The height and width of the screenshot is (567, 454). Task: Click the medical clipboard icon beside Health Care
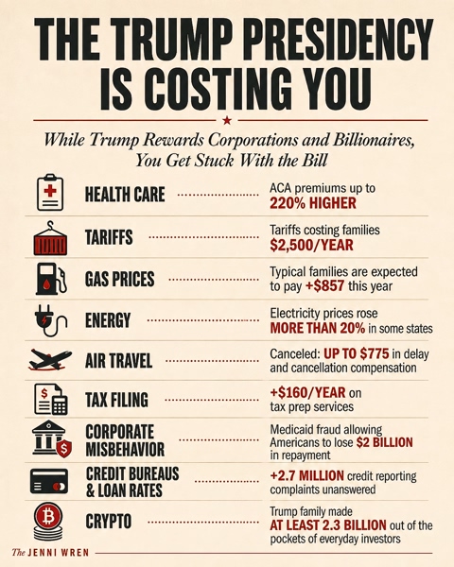(x=50, y=193)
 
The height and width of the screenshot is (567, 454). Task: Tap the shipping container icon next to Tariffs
(x=50, y=238)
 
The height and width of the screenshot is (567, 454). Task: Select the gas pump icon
(x=51, y=279)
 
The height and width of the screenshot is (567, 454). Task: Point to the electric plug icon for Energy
(x=50, y=320)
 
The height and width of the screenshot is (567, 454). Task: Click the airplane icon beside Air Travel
(x=50, y=360)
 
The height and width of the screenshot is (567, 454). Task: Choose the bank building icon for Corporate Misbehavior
(x=51, y=438)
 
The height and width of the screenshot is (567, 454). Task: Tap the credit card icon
(x=49, y=481)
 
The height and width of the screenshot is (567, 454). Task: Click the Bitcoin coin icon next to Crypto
(x=48, y=522)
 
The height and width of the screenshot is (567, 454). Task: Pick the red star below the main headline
(x=227, y=120)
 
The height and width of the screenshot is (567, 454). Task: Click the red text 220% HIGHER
(x=313, y=203)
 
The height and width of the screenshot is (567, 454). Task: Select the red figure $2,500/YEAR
(x=311, y=245)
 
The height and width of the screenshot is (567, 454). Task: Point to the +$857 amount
(x=324, y=286)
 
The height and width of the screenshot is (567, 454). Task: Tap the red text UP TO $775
(x=357, y=353)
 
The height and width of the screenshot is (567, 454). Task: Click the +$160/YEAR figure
(x=307, y=392)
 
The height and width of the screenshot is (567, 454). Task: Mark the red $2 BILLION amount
(x=385, y=442)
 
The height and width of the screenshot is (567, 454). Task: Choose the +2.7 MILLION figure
(x=306, y=475)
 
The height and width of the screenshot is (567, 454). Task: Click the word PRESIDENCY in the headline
(x=335, y=40)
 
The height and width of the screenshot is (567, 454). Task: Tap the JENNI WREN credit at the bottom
(x=50, y=553)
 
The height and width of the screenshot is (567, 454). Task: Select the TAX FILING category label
(x=116, y=400)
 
